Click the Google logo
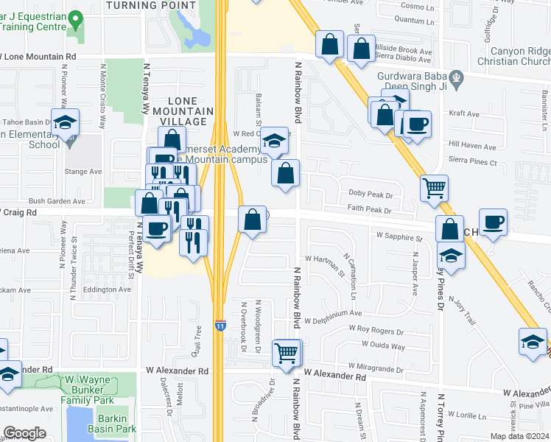click(24, 433)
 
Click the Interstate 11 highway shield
click(220, 324)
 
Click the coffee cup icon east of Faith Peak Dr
click(493, 221)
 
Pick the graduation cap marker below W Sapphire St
click(451, 256)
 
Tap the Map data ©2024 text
click(519, 436)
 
